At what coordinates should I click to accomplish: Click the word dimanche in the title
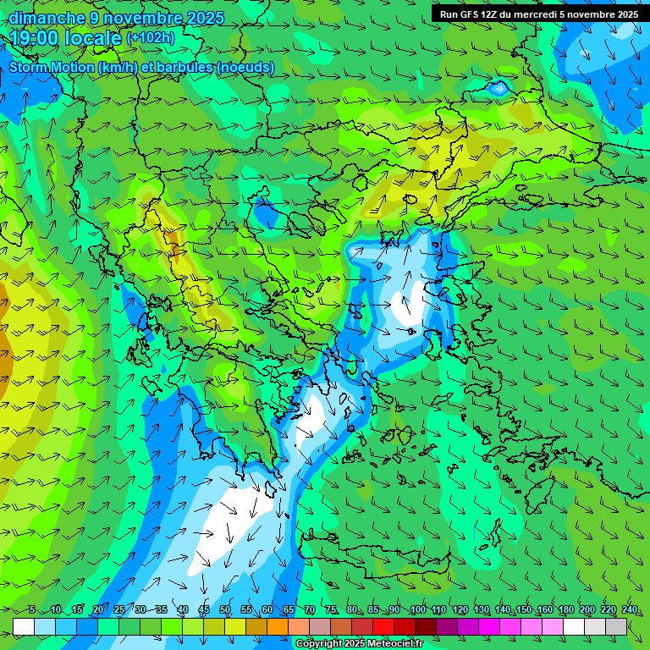point(47,18)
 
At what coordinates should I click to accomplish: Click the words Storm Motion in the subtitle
point(52,68)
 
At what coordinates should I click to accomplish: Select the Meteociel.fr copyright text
point(359,644)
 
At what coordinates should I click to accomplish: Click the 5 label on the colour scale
point(32,610)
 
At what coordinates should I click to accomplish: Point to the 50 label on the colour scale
point(225,610)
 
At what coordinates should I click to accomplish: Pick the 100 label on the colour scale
point(417,610)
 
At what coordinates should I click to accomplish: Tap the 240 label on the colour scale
point(630,610)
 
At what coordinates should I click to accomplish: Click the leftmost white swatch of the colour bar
point(24,626)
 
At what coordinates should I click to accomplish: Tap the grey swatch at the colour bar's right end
point(616,626)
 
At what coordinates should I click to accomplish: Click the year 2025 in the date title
point(200,18)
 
